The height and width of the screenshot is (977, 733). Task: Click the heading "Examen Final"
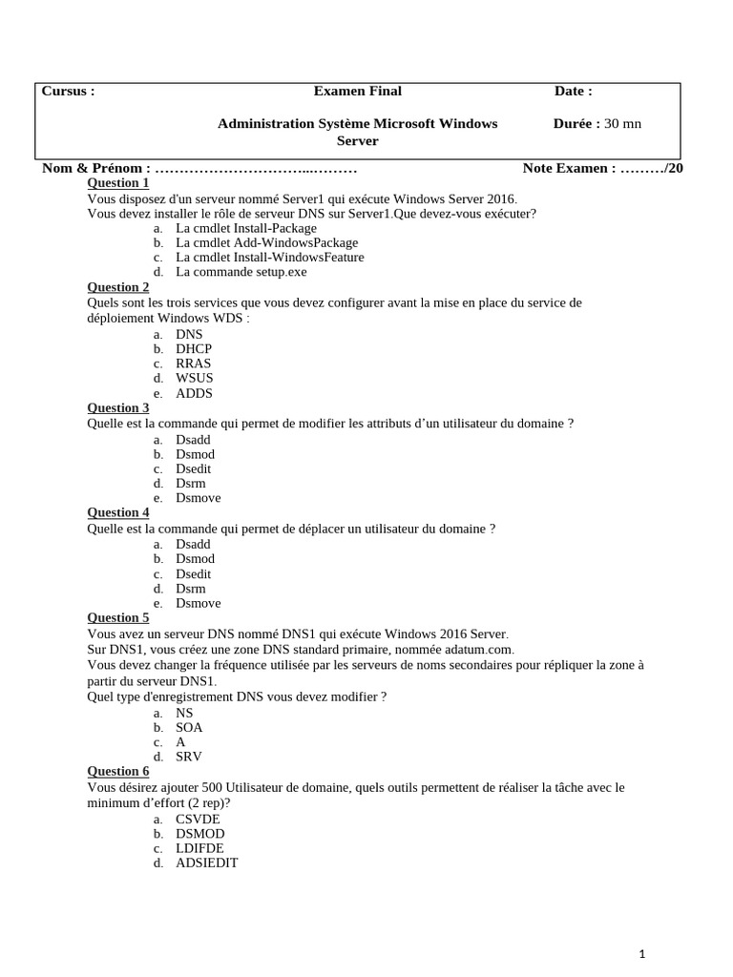point(357,92)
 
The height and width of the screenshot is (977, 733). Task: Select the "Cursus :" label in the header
point(68,92)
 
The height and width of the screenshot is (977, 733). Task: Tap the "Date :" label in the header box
point(573,92)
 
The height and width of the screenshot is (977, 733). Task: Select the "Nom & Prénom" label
point(96,169)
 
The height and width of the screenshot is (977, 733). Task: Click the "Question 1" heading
point(118,183)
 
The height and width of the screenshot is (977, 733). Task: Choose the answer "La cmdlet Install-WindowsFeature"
point(269,257)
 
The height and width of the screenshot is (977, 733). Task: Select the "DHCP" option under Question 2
point(194,349)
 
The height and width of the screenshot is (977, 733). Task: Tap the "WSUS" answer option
point(195,379)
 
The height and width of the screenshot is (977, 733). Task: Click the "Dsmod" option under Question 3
point(195,454)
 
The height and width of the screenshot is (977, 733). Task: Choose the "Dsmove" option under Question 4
point(198,603)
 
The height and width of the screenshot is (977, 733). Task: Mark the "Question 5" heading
point(118,617)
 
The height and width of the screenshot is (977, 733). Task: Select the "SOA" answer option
point(189,727)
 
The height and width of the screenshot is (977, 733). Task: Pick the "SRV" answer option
point(189,757)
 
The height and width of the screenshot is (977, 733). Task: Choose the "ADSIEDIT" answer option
point(206,863)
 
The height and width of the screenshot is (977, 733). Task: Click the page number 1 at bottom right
point(642,953)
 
